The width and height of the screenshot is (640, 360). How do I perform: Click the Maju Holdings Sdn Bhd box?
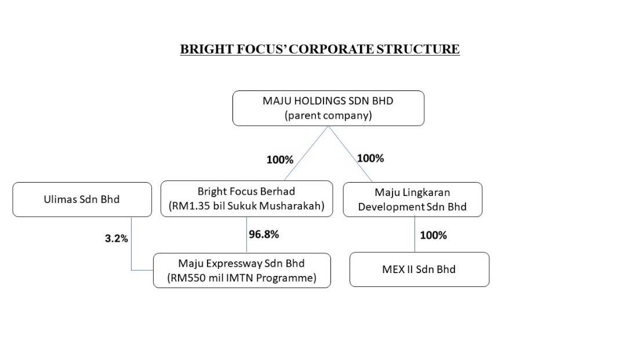[328, 108]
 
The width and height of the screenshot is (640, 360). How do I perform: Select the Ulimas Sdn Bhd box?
[82, 199]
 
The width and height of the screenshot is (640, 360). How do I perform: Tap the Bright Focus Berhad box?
[246, 198]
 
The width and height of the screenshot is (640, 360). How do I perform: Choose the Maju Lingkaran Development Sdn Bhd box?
[413, 199]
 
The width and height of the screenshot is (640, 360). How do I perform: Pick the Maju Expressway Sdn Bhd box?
[242, 270]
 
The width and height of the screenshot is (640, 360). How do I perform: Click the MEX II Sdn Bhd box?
[419, 270]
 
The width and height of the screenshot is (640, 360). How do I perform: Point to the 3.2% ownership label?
[117, 238]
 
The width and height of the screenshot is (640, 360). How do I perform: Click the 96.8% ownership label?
[264, 234]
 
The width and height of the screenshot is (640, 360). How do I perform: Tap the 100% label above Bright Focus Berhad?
[280, 159]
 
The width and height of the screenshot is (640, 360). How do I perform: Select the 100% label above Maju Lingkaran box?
[370, 158]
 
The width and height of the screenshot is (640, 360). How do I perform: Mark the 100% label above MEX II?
[434, 235]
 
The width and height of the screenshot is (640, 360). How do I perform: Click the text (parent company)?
[328, 115]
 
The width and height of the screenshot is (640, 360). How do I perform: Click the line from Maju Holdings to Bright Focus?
[306, 153]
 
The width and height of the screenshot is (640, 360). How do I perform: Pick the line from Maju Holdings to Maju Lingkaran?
[350, 154]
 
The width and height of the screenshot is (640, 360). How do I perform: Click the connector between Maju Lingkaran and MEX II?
[414, 234]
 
